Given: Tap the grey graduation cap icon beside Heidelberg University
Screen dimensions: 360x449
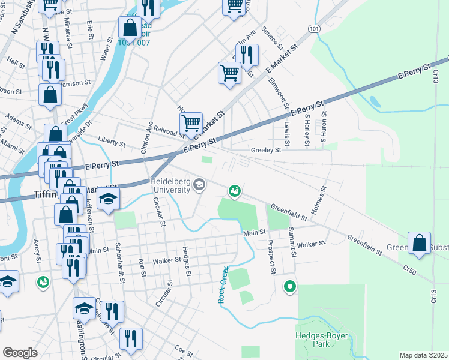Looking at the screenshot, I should point(199,185).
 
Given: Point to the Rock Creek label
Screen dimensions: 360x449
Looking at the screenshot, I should point(221,284).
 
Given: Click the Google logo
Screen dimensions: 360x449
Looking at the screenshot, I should point(20,352).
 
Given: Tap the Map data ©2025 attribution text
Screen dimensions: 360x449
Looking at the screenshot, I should point(423,355).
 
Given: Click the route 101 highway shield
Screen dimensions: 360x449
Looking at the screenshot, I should point(314,28).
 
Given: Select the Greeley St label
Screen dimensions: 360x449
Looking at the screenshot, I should point(266,151).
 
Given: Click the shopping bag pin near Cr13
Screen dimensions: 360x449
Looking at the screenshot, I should point(420,243).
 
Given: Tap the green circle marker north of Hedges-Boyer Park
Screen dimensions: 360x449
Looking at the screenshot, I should point(290,287).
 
